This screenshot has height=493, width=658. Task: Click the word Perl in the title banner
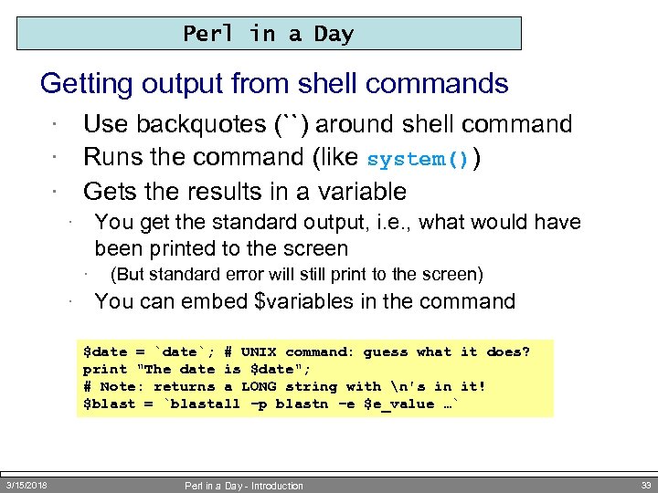209,34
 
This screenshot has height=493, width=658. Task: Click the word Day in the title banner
334,34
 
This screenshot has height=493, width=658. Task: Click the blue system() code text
418,159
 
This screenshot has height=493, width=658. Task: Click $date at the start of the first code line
105,352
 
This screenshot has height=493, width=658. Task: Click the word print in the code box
105,369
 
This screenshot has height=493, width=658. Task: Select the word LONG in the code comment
259,386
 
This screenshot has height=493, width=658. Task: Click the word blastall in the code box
206,404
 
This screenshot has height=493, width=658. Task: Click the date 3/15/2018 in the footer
27,485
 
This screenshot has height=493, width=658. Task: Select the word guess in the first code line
385,352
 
